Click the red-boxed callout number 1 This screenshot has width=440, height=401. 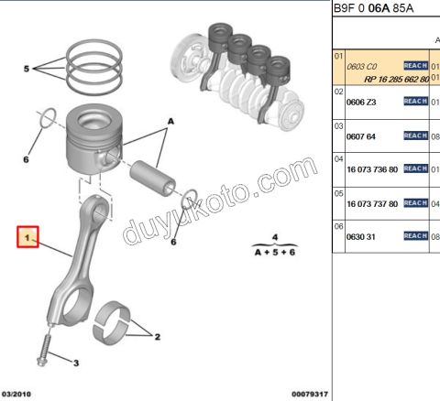pos(28,237)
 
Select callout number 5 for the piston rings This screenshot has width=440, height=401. pos(27,69)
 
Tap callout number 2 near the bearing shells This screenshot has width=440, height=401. pos(157,337)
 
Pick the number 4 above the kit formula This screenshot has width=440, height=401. pos(273,236)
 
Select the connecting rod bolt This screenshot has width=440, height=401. pos(43,347)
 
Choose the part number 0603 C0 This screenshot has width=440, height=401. pos(360,67)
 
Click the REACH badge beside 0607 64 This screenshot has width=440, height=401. pos(415,135)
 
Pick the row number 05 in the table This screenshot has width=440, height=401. pos(338,193)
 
